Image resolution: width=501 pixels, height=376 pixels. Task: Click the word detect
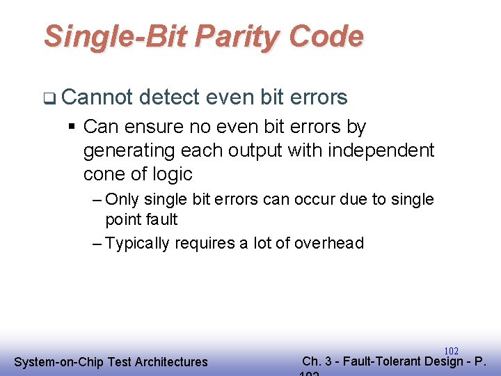[x=173, y=97]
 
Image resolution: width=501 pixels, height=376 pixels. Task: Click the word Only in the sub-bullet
[x=122, y=199]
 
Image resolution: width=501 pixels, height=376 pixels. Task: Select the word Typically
[x=137, y=243]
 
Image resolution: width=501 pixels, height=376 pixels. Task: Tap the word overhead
[x=329, y=243]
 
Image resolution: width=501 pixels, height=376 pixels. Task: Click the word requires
[x=205, y=243]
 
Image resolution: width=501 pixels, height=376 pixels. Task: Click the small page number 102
[x=451, y=352]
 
